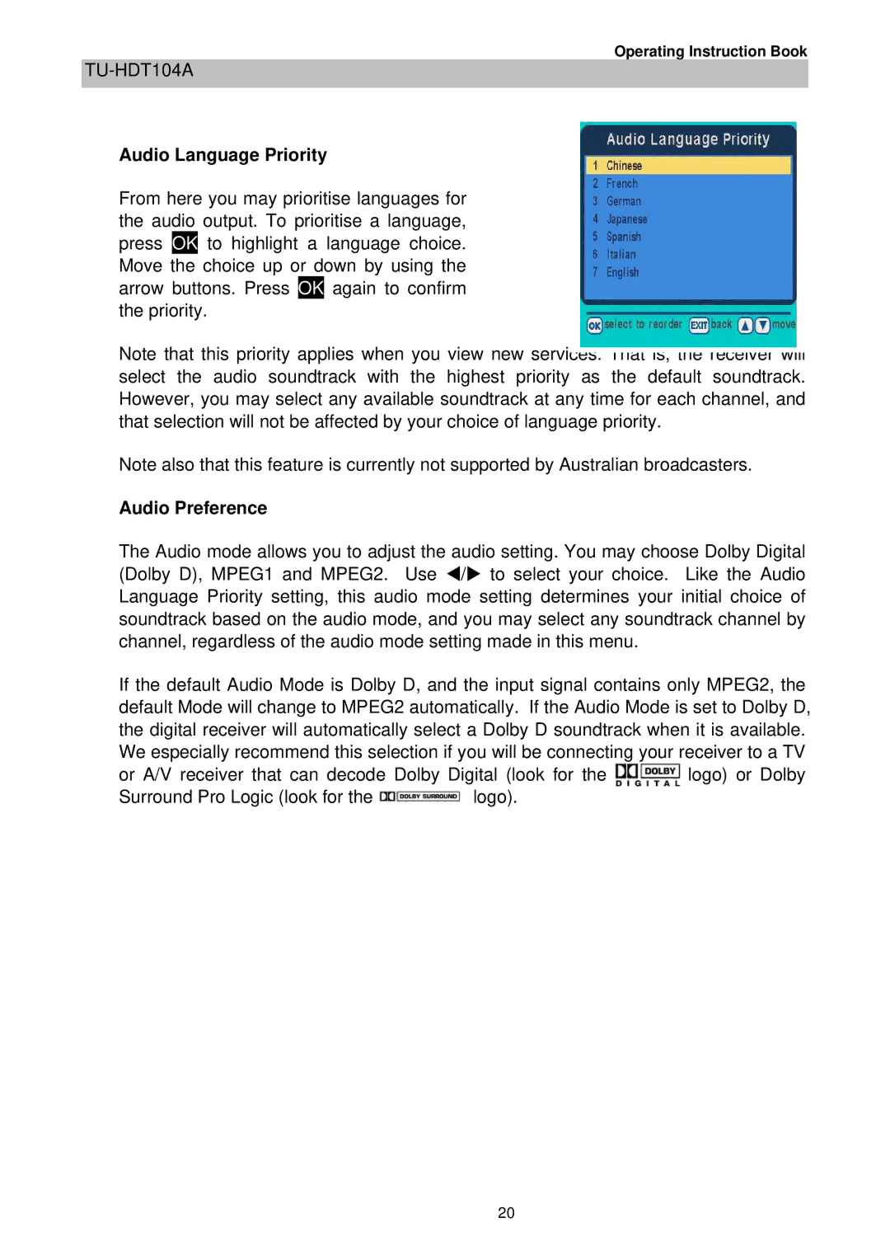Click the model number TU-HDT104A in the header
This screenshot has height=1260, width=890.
(x=138, y=71)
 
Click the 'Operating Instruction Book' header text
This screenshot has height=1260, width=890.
(x=710, y=51)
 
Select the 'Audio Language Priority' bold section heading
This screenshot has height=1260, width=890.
(x=222, y=155)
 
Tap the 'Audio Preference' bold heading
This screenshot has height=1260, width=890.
(x=193, y=508)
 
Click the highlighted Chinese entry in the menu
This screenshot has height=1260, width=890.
(x=624, y=166)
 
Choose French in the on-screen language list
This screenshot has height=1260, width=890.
(x=621, y=184)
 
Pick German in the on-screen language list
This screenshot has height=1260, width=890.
(x=623, y=201)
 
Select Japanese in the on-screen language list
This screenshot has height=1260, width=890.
(x=626, y=219)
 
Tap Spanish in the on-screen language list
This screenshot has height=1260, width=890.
(x=623, y=237)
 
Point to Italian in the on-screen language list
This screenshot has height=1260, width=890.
(x=621, y=255)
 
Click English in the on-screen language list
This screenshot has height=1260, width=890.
(x=622, y=272)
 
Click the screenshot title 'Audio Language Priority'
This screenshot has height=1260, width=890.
(x=687, y=139)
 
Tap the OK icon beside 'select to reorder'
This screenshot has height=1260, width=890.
(x=594, y=326)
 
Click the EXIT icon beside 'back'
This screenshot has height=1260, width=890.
(x=699, y=326)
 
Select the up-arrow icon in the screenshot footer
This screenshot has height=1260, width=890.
(x=745, y=326)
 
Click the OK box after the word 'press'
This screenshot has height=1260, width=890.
(x=185, y=243)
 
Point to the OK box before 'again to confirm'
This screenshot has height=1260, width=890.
(x=311, y=288)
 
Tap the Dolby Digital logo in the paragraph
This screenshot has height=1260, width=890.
(x=648, y=775)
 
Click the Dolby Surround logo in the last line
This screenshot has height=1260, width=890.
(x=419, y=797)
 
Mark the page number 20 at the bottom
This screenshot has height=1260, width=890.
(x=506, y=1213)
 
